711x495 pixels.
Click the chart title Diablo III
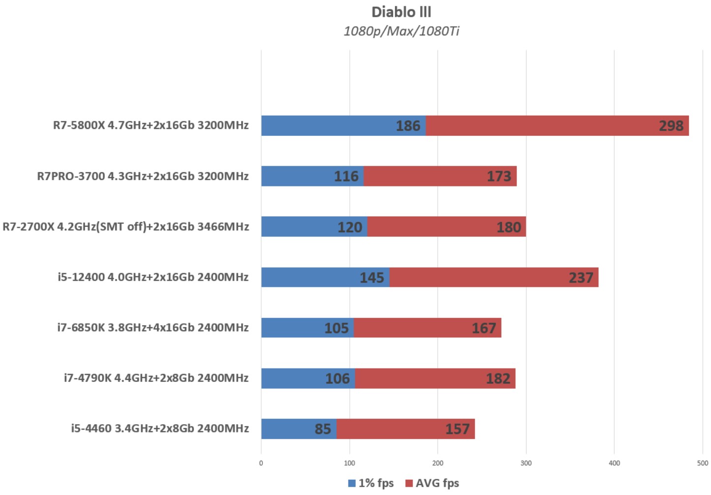tap(401, 12)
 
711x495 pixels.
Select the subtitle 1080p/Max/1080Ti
tap(401, 31)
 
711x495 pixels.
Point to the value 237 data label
tap(581, 278)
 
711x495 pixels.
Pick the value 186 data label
tap(408, 126)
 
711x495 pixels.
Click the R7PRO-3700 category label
tap(143, 176)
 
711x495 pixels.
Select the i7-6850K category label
tap(153, 328)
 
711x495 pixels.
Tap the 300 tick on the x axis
tap(526, 463)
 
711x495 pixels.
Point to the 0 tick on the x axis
tap(261, 463)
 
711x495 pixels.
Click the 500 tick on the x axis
tap(703, 463)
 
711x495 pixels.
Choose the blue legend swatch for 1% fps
tap(352, 483)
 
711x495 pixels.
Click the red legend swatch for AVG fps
tap(409, 483)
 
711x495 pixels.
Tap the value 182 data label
tap(498, 378)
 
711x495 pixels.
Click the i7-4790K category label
tap(156, 378)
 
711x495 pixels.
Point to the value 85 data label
tap(323, 429)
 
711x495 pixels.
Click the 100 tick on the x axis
tap(349, 463)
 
